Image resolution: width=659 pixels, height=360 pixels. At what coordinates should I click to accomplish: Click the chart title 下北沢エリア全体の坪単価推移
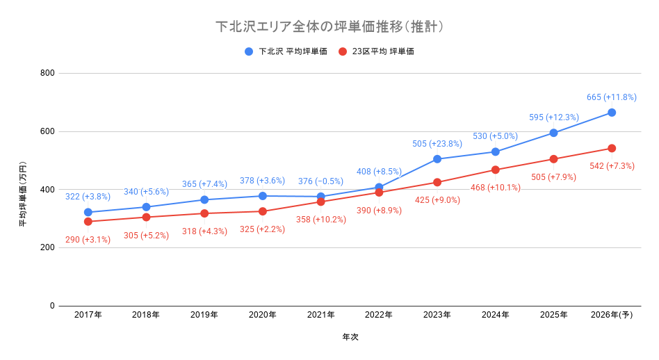[329, 26]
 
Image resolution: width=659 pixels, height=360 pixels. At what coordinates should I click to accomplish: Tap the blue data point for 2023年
[437, 159]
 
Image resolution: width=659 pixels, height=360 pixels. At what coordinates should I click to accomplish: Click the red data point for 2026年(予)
[612, 148]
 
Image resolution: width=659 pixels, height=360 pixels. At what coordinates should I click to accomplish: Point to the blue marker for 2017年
[88, 212]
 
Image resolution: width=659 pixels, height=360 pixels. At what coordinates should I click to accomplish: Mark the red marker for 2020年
[263, 211]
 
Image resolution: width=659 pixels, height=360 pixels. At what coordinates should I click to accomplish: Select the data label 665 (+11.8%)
[612, 97]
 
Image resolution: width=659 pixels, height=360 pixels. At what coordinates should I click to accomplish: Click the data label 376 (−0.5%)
[320, 181]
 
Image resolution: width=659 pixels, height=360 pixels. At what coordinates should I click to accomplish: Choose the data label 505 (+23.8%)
[437, 144]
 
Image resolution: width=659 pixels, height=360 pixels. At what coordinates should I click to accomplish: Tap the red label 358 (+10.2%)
[320, 220]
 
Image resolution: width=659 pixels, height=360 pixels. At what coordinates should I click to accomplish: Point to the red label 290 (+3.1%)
[88, 240]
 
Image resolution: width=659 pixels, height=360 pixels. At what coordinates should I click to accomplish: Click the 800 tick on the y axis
[47, 73]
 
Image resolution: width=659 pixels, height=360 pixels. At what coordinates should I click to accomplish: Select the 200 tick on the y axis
[47, 247]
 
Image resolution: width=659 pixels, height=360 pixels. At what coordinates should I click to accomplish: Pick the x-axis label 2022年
[379, 315]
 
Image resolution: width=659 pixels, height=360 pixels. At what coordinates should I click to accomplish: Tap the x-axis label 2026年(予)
[612, 315]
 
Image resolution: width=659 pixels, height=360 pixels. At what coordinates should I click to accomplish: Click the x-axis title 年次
[350, 337]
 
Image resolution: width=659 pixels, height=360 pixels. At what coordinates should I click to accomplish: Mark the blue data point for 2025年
[553, 133]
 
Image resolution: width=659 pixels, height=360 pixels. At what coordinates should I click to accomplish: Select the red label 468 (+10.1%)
[495, 188]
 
